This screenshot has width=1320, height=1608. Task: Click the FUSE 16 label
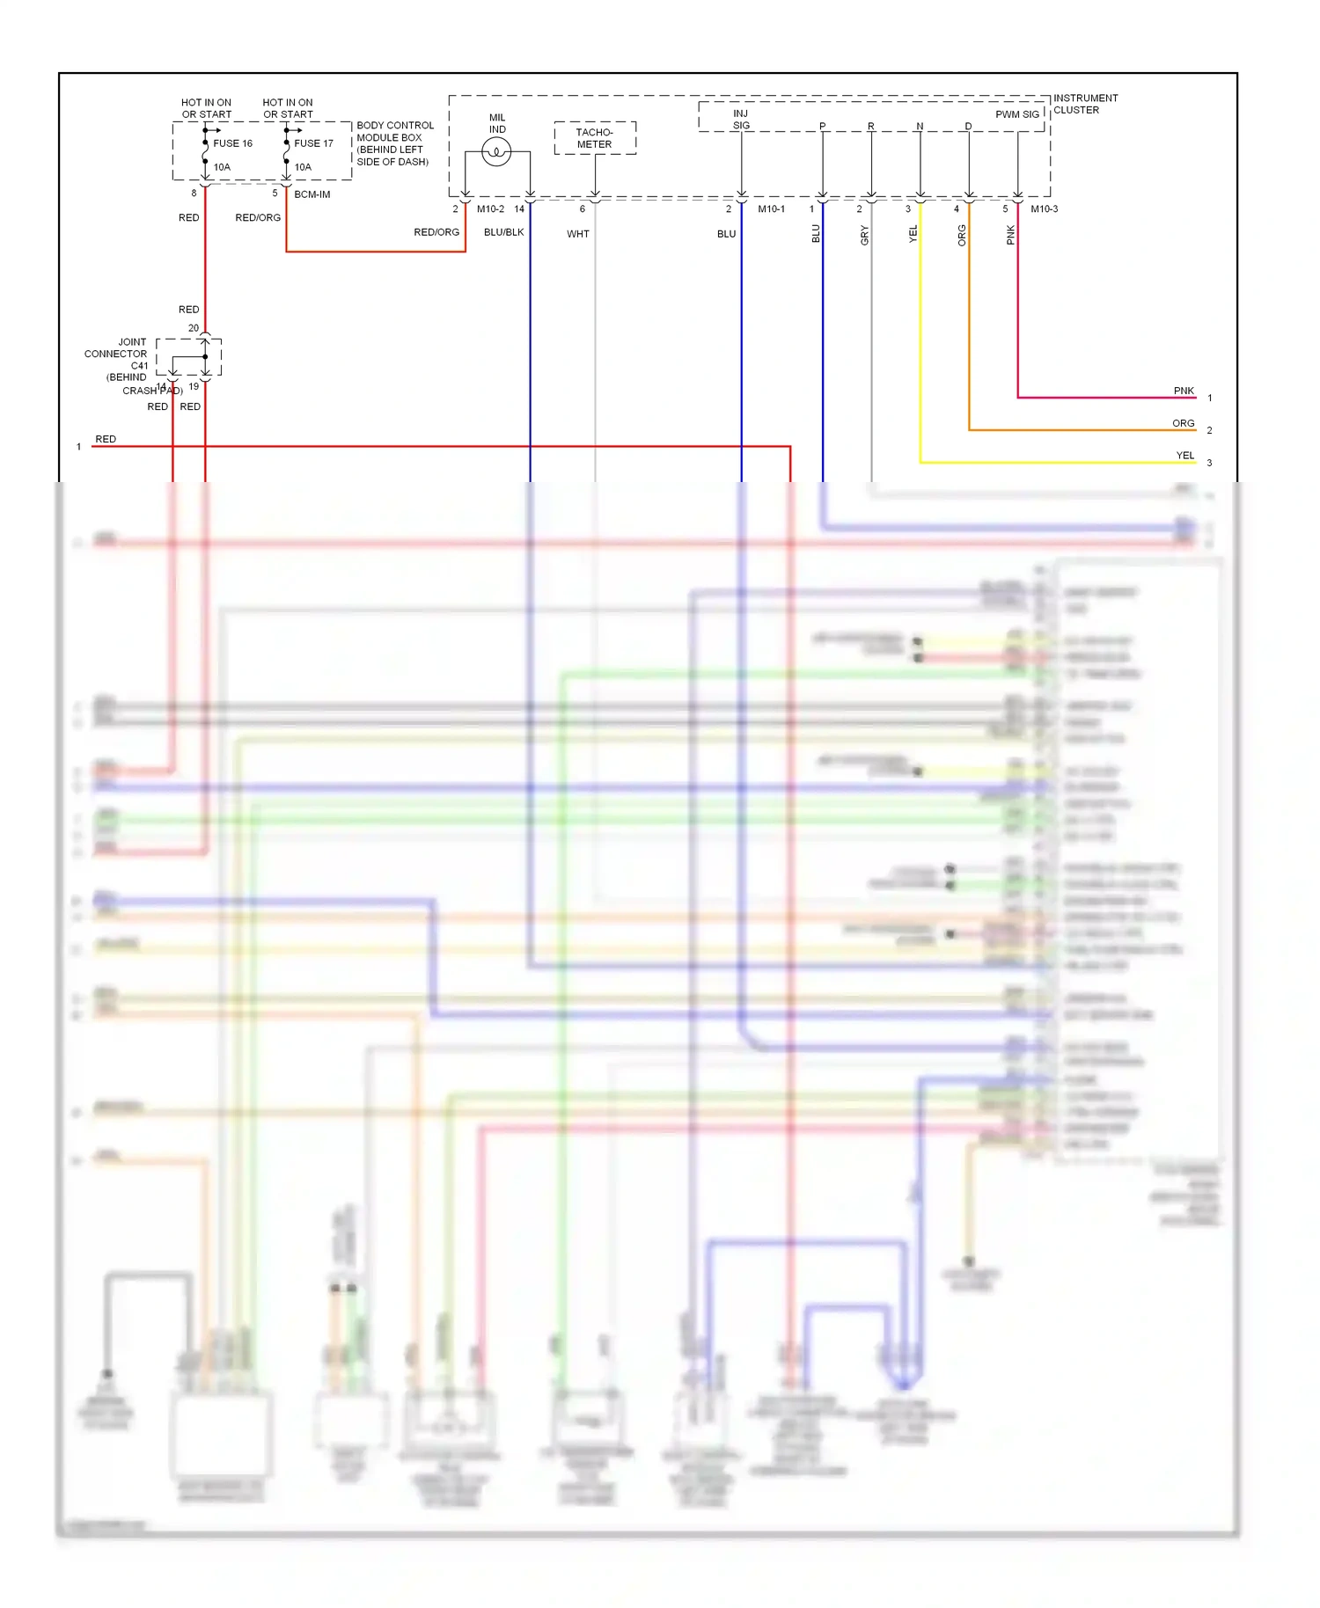pos(232,143)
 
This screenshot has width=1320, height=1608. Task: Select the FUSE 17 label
pos(313,143)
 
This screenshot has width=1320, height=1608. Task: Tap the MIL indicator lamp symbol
pos(496,153)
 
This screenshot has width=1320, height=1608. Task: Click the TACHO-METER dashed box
pos(595,138)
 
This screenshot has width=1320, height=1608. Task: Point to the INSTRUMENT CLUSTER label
pos(1085,104)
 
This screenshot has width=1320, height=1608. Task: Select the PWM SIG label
pos(1016,114)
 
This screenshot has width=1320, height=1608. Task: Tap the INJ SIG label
pos(741,120)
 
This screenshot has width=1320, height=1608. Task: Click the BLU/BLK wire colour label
pos(503,232)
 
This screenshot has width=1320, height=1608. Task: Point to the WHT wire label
pos(577,234)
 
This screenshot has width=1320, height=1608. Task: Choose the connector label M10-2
pos(490,209)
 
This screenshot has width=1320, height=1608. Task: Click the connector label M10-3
pos(1044,209)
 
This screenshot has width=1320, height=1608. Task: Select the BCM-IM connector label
pos(312,194)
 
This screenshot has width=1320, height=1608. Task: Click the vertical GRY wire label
pos(864,235)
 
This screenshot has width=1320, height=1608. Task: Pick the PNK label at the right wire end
pos(1184,391)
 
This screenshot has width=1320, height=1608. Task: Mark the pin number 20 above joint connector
pos(194,328)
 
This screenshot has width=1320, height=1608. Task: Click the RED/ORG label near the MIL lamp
pos(436,232)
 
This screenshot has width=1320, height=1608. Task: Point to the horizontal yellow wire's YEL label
pos(1185,456)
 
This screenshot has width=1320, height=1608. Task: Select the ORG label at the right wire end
pos(1183,423)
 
